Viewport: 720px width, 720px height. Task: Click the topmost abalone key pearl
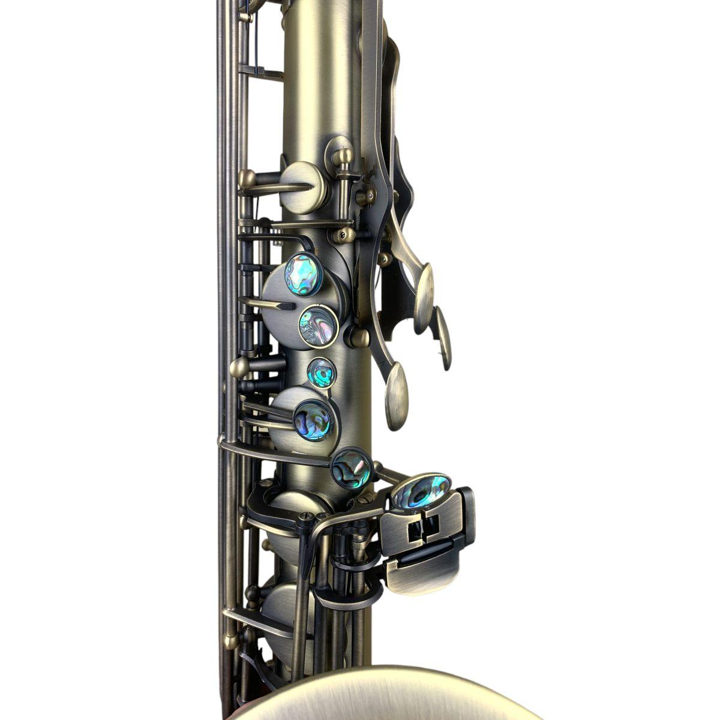point(304,275)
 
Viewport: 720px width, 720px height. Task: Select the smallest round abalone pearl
point(322,373)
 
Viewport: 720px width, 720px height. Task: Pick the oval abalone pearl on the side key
point(422,491)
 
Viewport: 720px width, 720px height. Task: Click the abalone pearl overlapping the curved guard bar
point(351,469)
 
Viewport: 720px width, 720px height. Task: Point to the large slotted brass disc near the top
point(304,187)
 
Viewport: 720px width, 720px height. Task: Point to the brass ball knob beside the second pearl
point(359,337)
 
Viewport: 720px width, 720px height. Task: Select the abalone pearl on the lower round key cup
point(313,420)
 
